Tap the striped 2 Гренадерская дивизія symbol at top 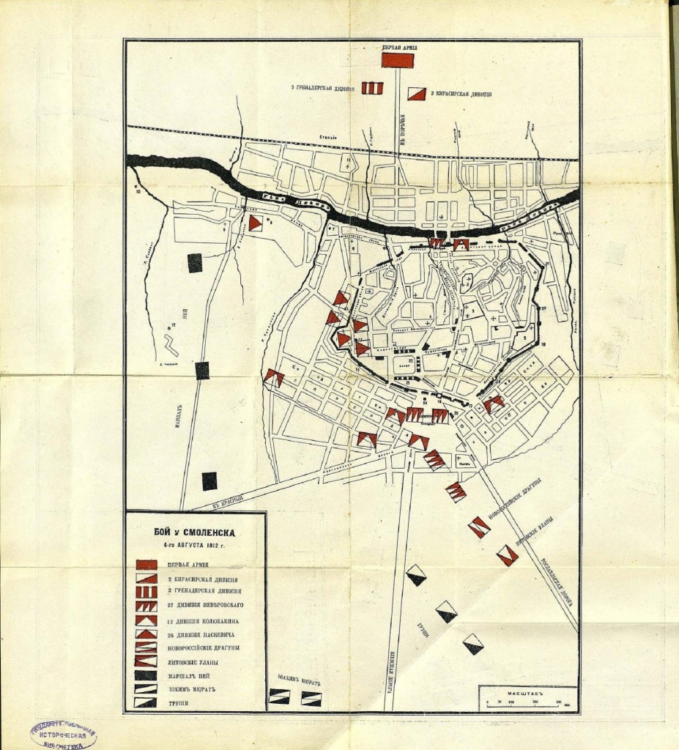click(x=372, y=89)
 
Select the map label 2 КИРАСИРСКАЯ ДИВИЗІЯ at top click(x=461, y=94)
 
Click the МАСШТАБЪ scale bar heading click(x=516, y=691)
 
